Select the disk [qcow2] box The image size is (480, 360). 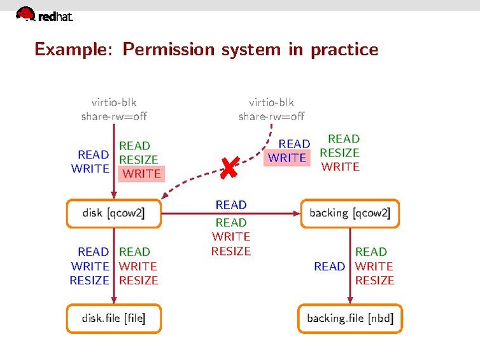(113, 214)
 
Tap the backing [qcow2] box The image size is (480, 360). (349, 214)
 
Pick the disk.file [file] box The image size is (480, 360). (113, 318)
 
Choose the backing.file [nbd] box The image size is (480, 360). (350, 318)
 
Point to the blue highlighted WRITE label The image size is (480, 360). (287, 158)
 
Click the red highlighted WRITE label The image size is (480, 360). (141, 174)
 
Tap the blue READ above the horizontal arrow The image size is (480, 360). (230, 205)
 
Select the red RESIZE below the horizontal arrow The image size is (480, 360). (230, 251)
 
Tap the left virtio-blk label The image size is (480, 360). (114, 102)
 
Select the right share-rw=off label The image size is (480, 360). (271, 116)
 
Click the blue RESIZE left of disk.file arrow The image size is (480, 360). (89, 280)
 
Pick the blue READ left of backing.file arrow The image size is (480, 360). (329, 266)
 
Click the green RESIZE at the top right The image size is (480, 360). (339, 153)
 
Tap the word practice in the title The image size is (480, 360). (344, 49)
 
